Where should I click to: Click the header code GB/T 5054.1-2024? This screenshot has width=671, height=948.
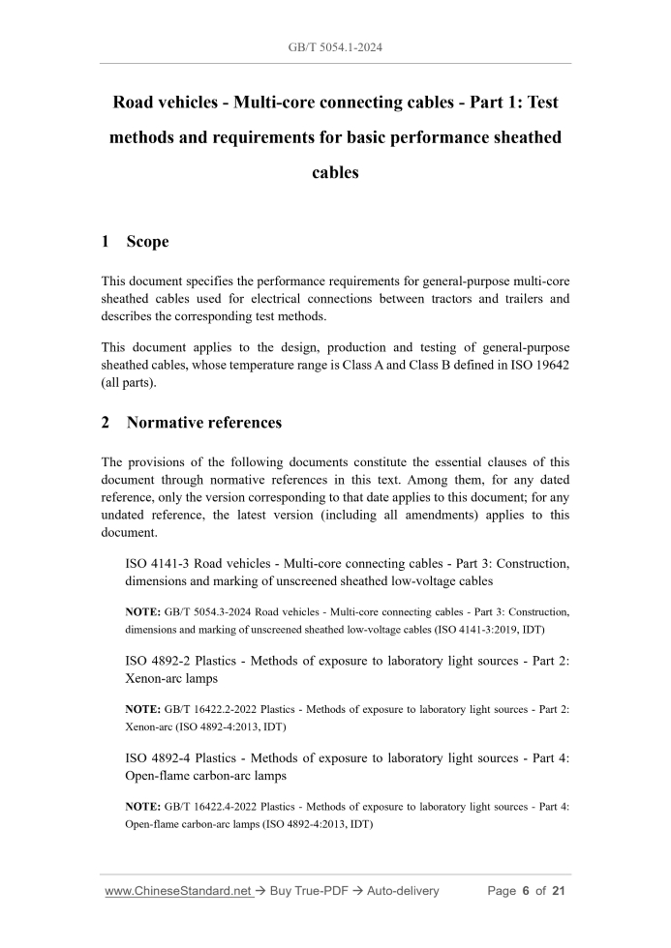(x=335, y=46)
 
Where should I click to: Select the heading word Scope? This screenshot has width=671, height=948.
(x=146, y=242)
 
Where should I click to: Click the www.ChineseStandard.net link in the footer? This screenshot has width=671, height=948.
(x=178, y=891)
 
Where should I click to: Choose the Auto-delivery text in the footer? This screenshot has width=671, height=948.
(x=400, y=891)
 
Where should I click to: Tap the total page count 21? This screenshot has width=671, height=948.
(x=557, y=891)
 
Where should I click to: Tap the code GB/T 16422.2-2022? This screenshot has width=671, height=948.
(x=209, y=710)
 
